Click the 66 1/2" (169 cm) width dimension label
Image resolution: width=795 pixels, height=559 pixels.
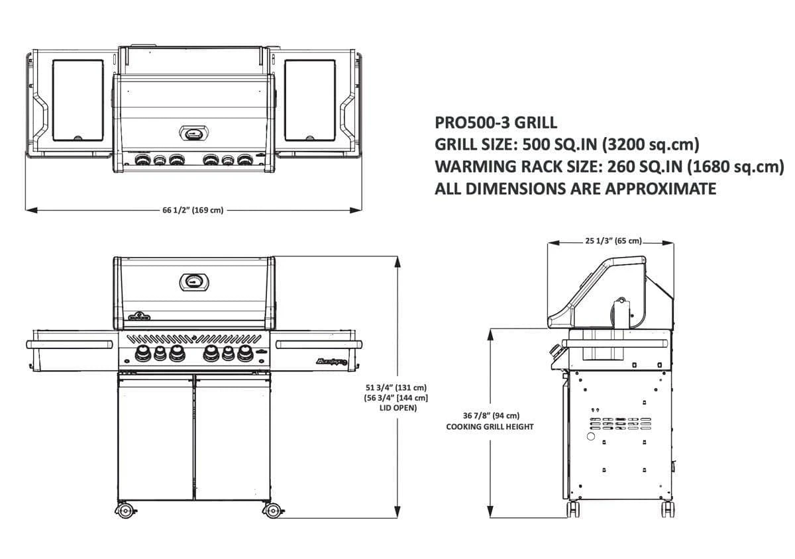[193, 211]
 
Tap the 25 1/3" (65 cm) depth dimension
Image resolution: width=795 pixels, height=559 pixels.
[613, 241]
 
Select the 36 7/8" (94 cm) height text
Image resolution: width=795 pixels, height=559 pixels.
[490, 416]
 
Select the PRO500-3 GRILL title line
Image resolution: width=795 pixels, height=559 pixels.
[496, 123]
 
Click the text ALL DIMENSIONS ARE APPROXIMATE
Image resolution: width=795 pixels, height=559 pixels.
[575, 189]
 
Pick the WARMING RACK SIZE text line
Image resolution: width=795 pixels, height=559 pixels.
[608, 166]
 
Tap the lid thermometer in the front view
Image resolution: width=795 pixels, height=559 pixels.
[194, 281]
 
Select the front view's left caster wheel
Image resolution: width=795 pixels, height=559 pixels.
[123, 511]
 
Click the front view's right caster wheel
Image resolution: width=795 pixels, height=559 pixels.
[272, 511]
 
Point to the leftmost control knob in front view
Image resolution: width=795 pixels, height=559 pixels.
[142, 354]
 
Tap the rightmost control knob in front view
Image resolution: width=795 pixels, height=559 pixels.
[245, 354]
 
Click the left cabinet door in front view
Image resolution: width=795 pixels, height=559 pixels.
[156, 437]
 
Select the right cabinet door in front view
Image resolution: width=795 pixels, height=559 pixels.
[233, 437]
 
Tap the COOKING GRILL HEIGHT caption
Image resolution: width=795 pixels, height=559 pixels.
[490, 427]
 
